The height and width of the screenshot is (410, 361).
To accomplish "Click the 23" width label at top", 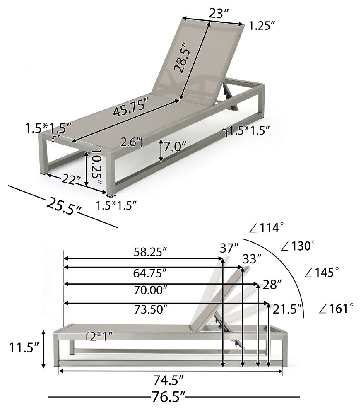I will pyautogui.click(x=219, y=14).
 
